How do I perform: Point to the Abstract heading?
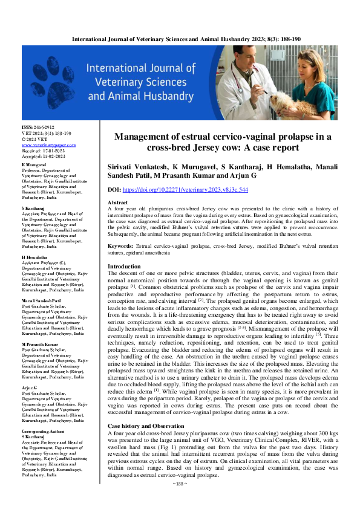pyautogui.click(x=117, y=203)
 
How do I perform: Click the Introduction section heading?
pyautogui.click(x=123, y=267)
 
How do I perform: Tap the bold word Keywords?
pyautogui.click(x=123, y=247)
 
